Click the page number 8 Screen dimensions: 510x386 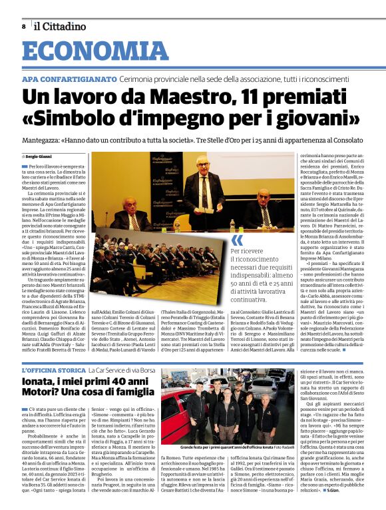(23, 27)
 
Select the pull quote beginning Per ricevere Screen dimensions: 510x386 (254, 276)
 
